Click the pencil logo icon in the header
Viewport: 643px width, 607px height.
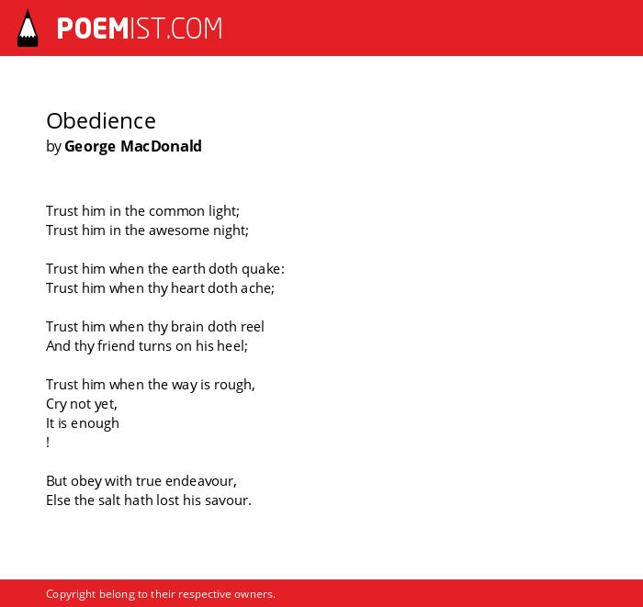click(x=28, y=28)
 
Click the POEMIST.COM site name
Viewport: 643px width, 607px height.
click(x=140, y=28)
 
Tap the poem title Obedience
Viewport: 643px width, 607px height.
click(x=101, y=121)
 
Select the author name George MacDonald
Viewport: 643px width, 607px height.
click(x=133, y=146)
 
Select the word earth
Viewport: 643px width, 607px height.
click(x=188, y=269)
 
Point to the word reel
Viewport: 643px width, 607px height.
click(x=252, y=327)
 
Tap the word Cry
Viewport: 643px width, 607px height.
click(x=56, y=404)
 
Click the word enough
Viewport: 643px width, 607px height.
click(x=95, y=423)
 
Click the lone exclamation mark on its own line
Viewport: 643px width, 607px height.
click(x=48, y=443)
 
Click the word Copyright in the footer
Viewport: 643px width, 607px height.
click(x=71, y=594)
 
